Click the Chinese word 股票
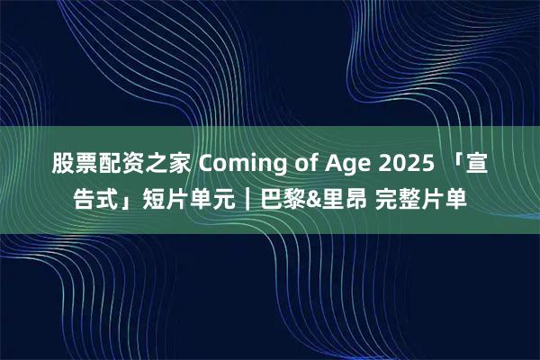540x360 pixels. (x=71, y=164)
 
